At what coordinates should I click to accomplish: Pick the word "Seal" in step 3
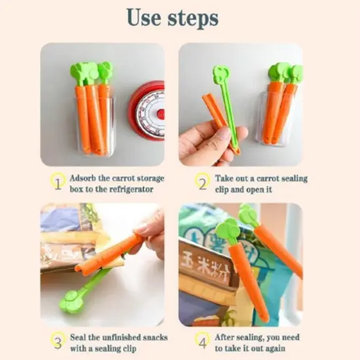[81, 338]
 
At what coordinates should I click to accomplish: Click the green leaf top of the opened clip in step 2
[219, 74]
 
